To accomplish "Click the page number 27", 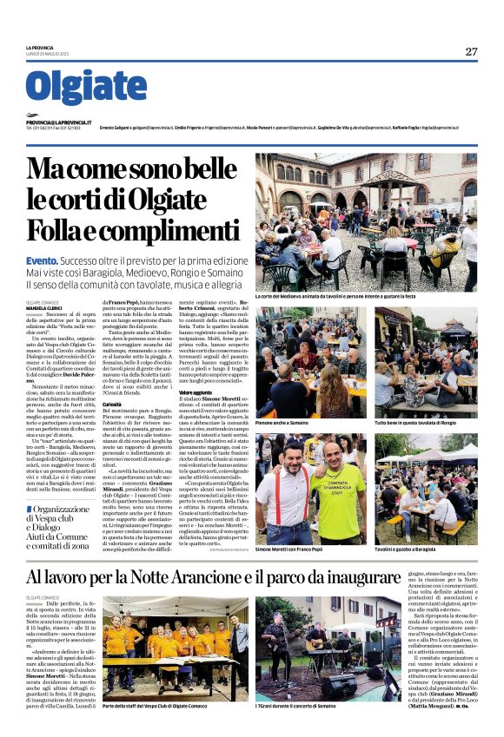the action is [471, 51].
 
